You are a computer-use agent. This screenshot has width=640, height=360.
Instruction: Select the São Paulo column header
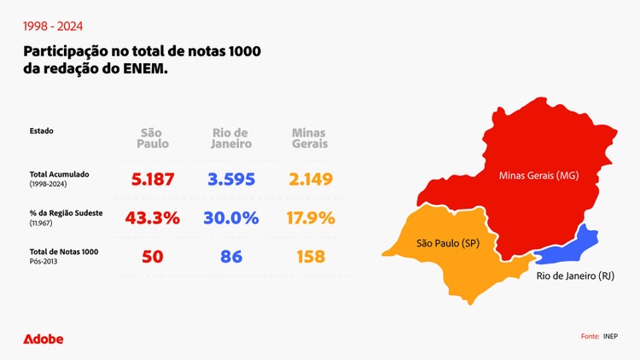pos(154,138)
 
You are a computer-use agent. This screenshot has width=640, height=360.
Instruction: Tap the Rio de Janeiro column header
pos(230,138)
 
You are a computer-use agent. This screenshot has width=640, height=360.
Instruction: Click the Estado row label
pos(41,131)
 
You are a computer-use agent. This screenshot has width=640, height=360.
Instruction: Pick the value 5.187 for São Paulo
pos(153,179)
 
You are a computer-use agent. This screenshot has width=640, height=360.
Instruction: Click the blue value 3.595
pos(230,179)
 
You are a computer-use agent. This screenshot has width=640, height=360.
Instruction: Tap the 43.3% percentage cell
pos(153,218)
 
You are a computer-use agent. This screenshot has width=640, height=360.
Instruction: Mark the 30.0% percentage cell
pos(230,218)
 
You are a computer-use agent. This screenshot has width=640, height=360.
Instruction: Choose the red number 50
pos(153,256)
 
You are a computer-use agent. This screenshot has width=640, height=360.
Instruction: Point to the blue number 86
pos(230,256)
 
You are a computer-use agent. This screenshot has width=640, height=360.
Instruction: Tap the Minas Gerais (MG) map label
pos(538,177)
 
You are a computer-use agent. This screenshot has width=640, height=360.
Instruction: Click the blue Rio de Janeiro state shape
pos(581,243)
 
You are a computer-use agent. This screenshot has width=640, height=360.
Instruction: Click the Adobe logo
pos(43,339)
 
